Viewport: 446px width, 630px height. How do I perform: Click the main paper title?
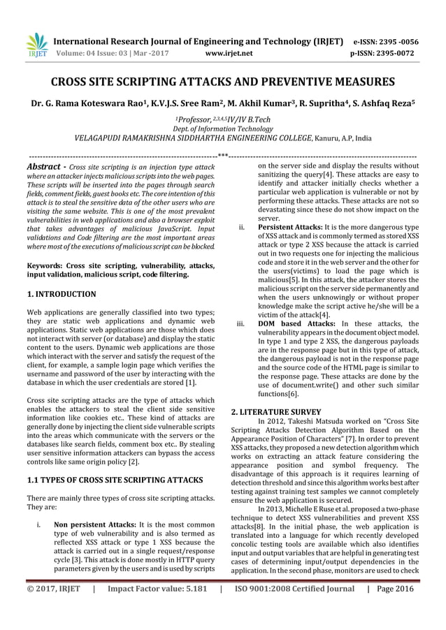pyautogui.click(x=223, y=82)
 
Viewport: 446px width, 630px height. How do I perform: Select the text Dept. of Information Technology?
pyautogui.click(x=223, y=129)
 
